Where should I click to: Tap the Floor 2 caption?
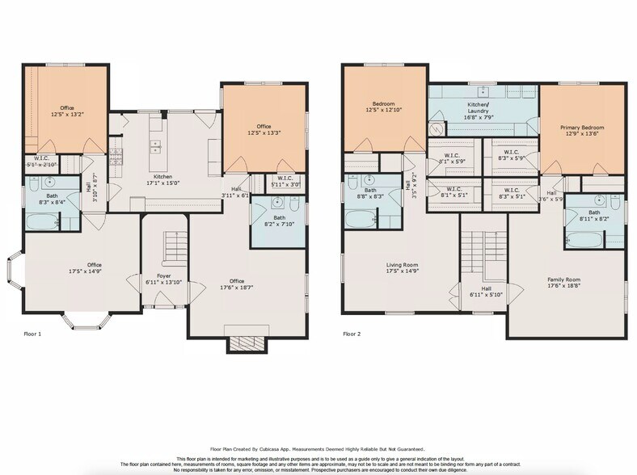click(x=352, y=333)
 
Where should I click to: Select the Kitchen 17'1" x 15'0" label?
click(x=158, y=179)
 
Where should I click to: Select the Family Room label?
click(x=564, y=283)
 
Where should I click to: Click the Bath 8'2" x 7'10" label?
click(x=279, y=221)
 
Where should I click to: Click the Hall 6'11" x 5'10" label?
click(x=486, y=292)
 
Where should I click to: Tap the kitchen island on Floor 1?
click(x=157, y=147)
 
